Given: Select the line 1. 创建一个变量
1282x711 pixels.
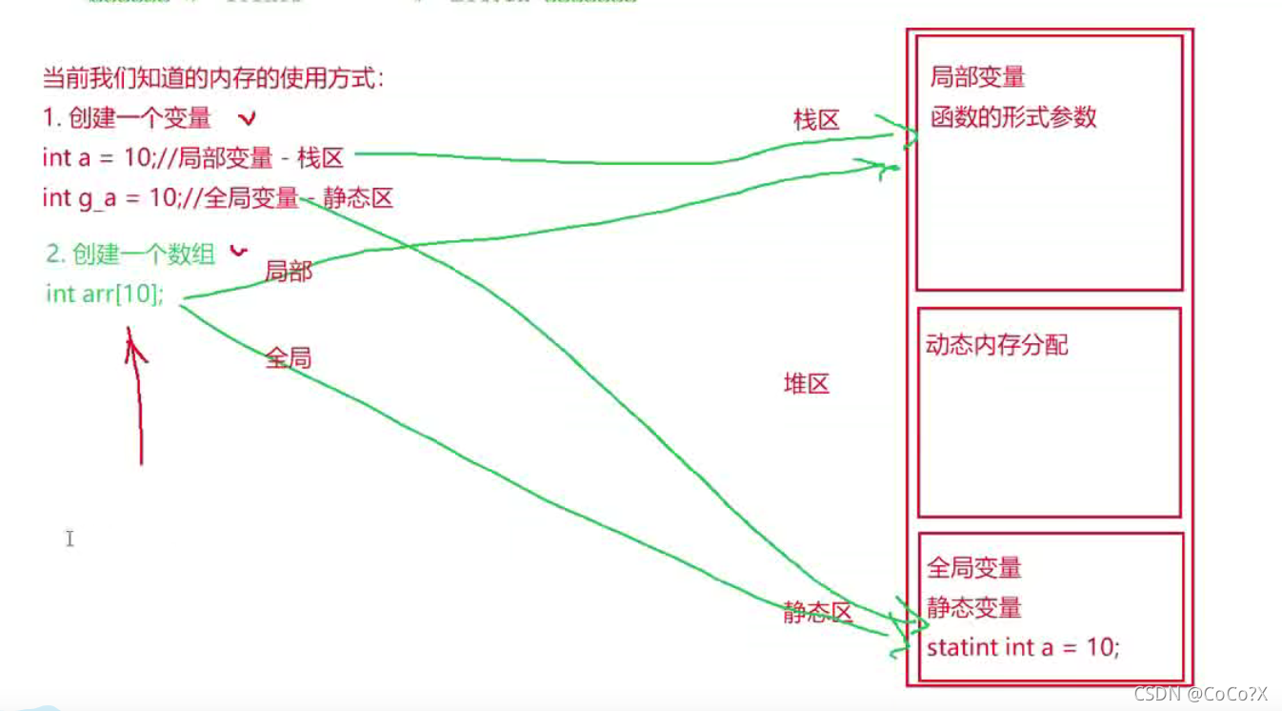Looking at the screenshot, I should [x=127, y=118].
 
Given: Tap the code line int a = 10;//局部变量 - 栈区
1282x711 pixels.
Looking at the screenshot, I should [x=192, y=157].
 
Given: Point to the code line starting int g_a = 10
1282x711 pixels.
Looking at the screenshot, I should [x=217, y=198].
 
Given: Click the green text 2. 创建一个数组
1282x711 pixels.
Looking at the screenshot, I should [x=130, y=254].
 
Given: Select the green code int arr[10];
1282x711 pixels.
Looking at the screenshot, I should [x=105, y=294].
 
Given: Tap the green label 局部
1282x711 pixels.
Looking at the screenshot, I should [x=289, y=272].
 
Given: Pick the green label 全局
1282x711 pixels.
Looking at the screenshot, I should [x=289, y=358].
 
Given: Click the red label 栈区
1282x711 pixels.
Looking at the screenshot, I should [x=816, y=120].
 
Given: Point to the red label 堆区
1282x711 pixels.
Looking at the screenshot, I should [x=806, y=384].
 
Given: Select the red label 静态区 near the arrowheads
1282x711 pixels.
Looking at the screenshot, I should [x=816, y=613].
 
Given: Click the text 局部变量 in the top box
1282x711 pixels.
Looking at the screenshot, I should [x=977, y=77].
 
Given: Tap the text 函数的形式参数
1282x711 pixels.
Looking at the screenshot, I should [x=1013, y=117].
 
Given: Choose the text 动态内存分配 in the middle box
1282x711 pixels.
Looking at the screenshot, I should [x=996, y=345].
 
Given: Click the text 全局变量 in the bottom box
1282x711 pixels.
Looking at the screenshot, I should [x=973, y=568].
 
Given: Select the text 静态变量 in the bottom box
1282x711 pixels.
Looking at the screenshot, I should [x=973, y=607].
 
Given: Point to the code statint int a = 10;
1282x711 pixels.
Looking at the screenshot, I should [x=1023, y=648].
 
